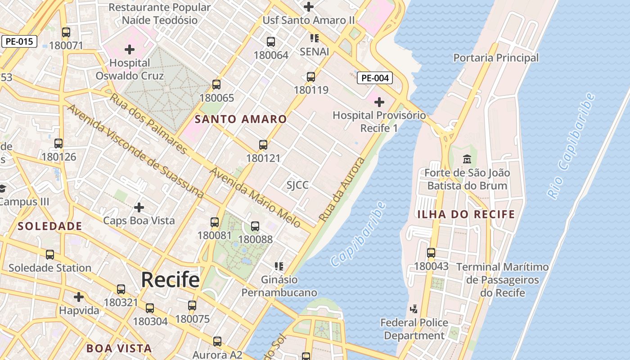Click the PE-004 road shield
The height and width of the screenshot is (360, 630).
375,78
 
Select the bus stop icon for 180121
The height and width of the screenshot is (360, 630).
263,145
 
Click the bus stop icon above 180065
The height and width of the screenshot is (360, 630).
216,85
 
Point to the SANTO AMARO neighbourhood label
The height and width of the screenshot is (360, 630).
241,119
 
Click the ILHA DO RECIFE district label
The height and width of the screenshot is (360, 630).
466,214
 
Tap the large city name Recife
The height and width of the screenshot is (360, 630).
170,279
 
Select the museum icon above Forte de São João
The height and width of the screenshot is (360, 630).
467,159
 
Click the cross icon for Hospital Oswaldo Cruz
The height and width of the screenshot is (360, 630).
130,49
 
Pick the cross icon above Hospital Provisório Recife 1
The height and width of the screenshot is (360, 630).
379,102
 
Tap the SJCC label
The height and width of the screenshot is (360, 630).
297,185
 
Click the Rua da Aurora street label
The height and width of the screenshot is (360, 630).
342,189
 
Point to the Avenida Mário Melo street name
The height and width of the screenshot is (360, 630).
255,198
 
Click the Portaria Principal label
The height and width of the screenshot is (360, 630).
495,58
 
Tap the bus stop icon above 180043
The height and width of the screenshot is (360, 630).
431,253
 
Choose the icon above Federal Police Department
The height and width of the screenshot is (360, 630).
414,309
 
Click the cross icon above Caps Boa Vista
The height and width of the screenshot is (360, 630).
139,207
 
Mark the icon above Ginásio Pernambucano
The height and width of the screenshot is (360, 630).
279,266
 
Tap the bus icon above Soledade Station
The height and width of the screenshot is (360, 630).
50,255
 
